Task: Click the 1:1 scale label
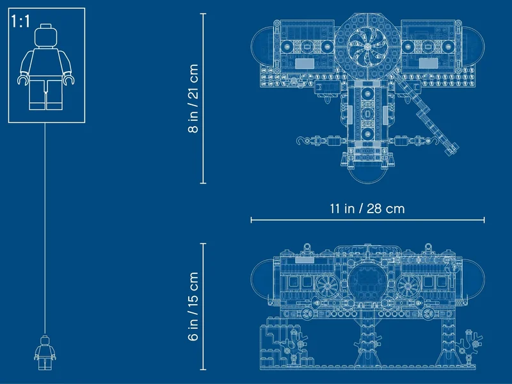[20, 22]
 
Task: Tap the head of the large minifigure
[45, 35]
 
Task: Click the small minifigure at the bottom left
[45, 353]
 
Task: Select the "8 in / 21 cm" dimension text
[193, 99]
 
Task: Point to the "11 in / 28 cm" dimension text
[367, 209]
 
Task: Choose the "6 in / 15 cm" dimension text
[193, 307]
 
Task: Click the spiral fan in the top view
[367, 45]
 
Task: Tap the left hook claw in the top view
[302, 141]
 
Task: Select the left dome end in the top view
[260, 46]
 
